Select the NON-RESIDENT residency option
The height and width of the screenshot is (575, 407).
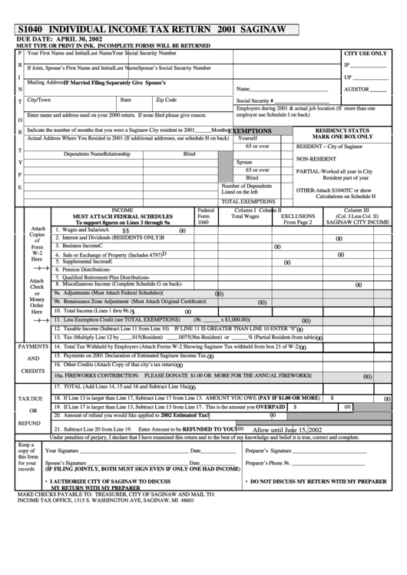318,158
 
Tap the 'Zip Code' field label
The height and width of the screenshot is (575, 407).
166,100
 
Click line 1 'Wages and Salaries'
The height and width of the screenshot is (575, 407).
85,230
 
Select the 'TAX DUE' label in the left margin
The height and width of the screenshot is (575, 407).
30,399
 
